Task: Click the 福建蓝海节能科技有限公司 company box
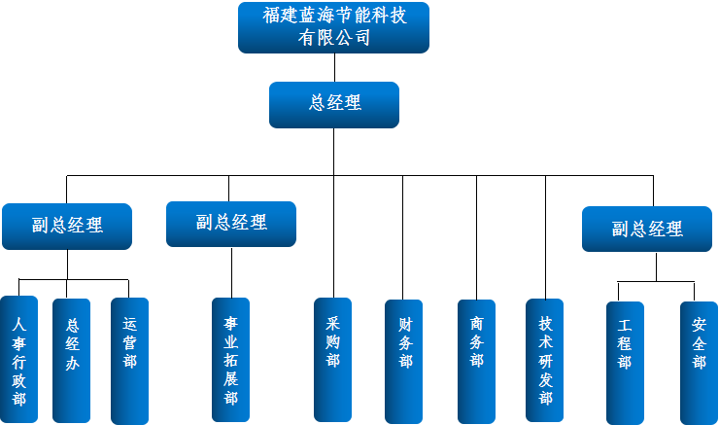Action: click(333, 27)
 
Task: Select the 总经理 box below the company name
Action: click(334, 104)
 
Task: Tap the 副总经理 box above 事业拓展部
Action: click(231, 224)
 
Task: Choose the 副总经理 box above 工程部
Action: click(647, 230)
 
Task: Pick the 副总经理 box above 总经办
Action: click(66, 226)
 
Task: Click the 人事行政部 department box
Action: click(19, 360)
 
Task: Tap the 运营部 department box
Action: click(129, 360)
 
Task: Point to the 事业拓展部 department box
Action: click(230, 360)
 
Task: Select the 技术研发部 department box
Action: click(545, 360)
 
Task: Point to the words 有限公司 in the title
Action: click(334, 39)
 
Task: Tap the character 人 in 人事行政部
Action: click(19, 324)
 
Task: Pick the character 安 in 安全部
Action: click(700, 325)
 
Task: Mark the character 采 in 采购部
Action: click(332, 324)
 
